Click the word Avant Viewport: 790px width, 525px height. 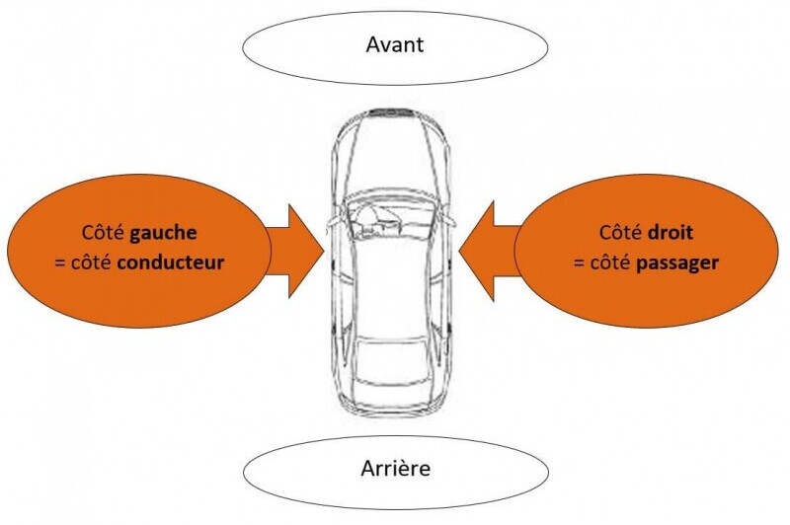click(x=395, y=45)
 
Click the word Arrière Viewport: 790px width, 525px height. click(x=394, y=468)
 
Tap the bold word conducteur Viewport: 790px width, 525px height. click(x=178, y=263)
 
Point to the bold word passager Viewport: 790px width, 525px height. click(x=678, y=263)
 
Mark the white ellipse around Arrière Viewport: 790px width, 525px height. click(x=296, y=474)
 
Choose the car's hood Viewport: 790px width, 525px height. click(x=391, y=158)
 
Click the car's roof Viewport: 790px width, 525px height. click(x=392, y=286)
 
